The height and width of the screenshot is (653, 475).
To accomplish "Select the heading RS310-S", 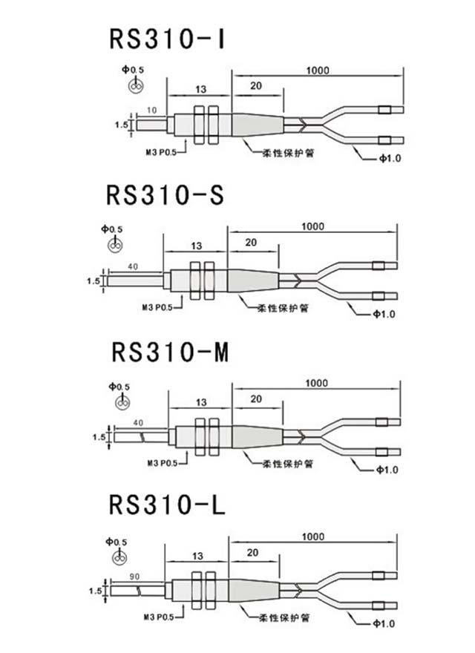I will [x=165, y=194].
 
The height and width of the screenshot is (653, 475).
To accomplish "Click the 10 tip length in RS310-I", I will [x=151, y=110].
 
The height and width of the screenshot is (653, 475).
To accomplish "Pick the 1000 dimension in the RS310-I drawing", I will [x=318, y=70].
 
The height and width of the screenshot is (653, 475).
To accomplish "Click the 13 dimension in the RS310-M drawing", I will [x=200, y=401].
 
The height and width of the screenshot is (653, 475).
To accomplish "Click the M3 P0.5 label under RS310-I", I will [x=161, y=151].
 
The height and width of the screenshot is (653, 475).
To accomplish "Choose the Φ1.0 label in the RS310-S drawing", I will [x=384, y=315].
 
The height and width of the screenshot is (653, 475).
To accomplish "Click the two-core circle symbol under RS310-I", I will [x=134, y=86].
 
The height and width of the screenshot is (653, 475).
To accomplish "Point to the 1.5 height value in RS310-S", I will [x=93, y=281].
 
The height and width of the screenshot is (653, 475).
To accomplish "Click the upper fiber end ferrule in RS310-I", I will [x=384, y=111].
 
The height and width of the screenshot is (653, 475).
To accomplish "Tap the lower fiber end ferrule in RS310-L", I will [x=380, y=603].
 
